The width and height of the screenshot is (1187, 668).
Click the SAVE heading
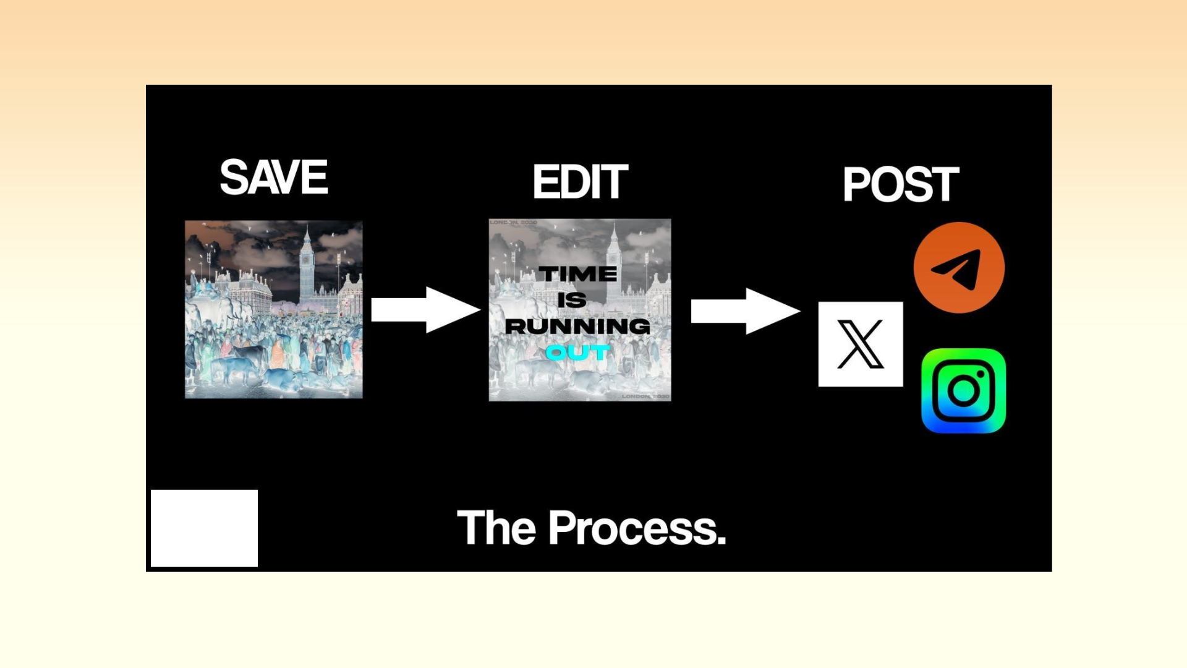(274, 178)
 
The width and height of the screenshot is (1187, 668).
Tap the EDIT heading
(580, 182)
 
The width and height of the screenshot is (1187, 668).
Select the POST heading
(900, 184)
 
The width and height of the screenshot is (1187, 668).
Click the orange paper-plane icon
(959, 268)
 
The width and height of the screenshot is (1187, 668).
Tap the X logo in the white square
(860, 344)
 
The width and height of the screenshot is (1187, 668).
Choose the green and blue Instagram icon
(963, 391)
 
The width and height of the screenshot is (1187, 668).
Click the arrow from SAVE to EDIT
(425, 309)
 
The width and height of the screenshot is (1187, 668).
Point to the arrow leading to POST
(745, 310)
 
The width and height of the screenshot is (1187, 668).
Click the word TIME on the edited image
(577, 274)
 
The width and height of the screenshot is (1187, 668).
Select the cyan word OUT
(577, 353)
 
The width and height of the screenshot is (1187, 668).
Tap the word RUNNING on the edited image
(577, 327)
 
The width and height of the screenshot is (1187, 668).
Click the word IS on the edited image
(572, 301)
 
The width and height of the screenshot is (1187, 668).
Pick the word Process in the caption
(637, 528)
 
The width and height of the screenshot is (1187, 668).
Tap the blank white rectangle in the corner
(204, 528)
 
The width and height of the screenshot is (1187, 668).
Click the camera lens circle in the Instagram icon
(963, 392)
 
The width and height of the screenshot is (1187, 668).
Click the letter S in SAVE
(234, 178)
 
